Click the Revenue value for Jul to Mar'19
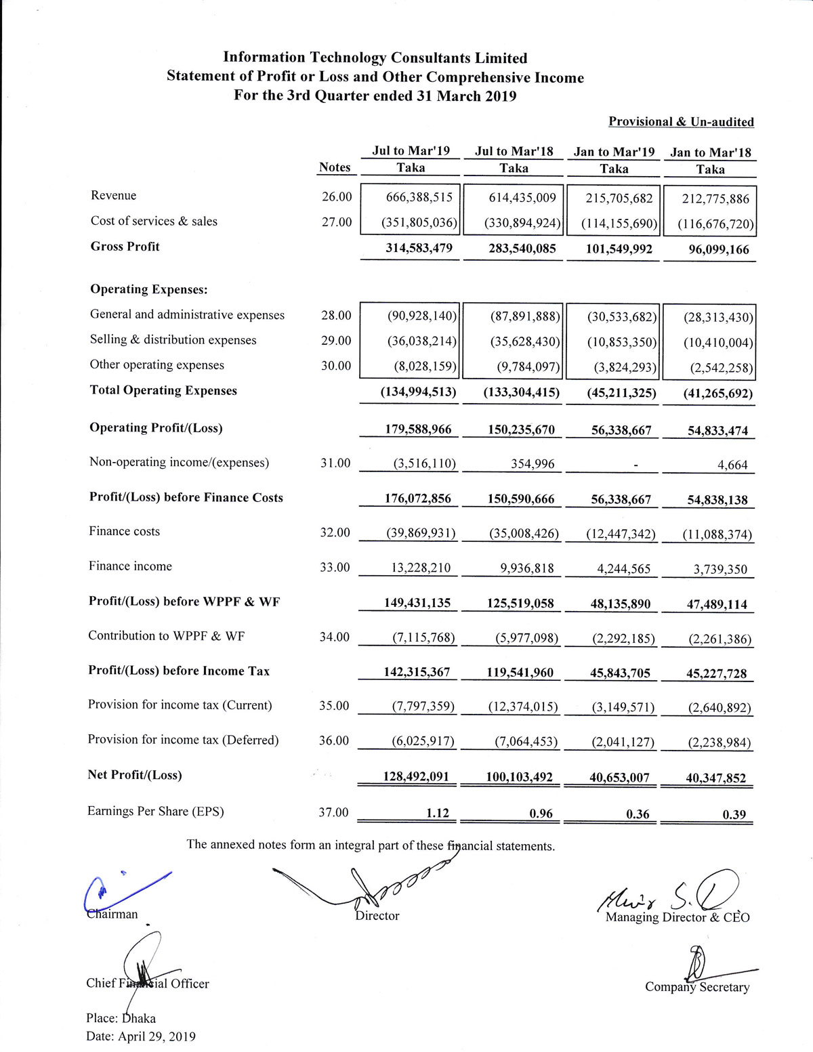[414, 197]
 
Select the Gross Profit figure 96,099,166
[711, 249]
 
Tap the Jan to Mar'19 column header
[614, 152]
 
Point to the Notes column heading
[335, 167]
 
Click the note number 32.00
[335, 532]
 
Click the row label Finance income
[130, 566]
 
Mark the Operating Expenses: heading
[149, 289]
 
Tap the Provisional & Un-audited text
[681, 122]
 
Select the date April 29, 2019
[157, 1036]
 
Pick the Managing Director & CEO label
[677, 917]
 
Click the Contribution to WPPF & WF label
[167, 635]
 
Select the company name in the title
[375, 58]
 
